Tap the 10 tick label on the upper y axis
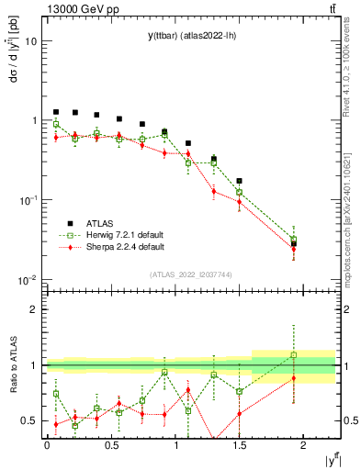[31, 41]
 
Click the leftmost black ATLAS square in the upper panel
[56, 112]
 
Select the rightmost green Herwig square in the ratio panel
[294, 354]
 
